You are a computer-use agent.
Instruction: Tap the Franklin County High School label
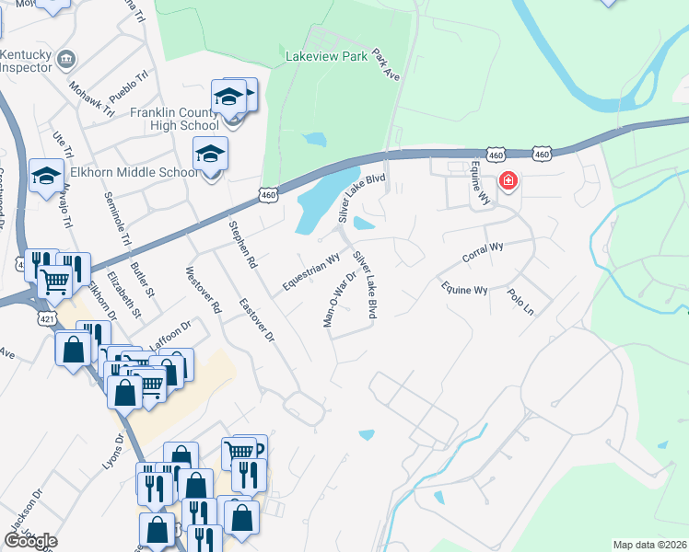pos(174,119)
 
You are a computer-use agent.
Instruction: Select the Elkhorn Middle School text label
pos(134,172)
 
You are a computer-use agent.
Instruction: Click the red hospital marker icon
pos(508,181)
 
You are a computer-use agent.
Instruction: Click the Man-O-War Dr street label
pos(339,296)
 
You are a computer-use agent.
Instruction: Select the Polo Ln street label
pos(520,303)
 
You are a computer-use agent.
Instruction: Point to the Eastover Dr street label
pos(257,321)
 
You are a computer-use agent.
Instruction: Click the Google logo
pos(29,541)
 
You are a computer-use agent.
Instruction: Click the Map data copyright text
pos(649,545)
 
